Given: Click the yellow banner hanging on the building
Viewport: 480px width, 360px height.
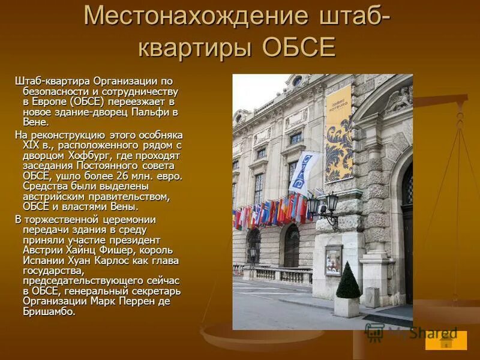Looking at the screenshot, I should [x=339, y=132].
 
